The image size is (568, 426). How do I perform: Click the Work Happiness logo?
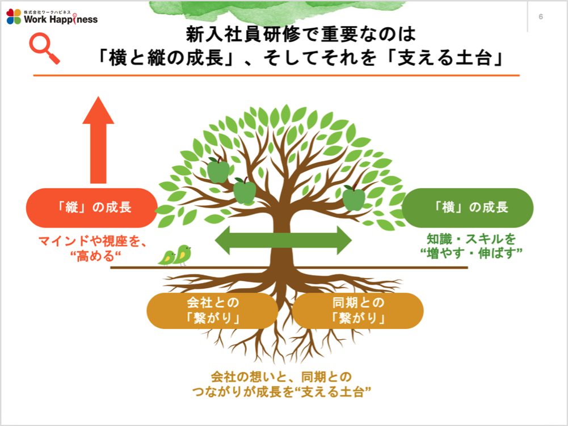point(52,16)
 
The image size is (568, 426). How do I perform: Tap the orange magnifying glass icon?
point(44,48)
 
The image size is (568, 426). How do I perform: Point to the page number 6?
point(541,16)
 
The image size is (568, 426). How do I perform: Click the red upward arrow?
point(98,140)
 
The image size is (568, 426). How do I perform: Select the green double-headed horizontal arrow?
point(283,240)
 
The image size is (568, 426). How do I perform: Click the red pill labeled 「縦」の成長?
point(92,208)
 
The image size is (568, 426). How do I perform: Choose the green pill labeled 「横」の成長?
point(468,208)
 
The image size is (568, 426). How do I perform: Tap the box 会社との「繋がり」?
point(212,310)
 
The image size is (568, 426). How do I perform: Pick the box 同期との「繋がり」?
point(358,310)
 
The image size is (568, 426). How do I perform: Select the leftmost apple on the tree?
point(218,170)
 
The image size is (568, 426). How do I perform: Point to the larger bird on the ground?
point(183,255)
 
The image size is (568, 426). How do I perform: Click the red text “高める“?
point(95,256)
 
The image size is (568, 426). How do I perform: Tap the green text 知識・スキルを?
point(472,239)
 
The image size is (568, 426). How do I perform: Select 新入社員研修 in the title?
point(243,34)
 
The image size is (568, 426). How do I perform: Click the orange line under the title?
point(276,75)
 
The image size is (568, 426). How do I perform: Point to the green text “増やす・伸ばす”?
point(472,253)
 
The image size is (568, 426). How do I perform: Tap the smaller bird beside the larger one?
point(167,258)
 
